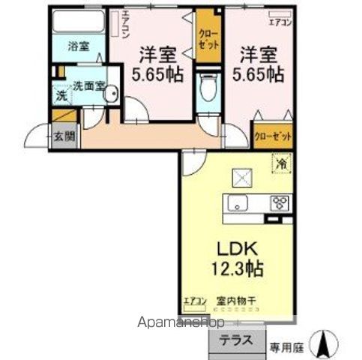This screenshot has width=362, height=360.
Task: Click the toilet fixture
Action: (207, 90)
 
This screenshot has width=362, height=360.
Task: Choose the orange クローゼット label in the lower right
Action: (272, 136)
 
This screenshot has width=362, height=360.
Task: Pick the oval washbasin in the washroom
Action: (111, 94)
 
